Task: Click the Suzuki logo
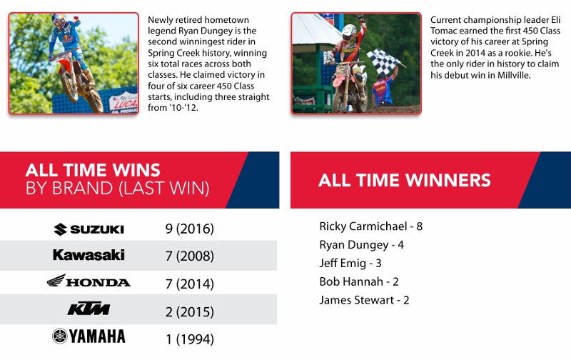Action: [x=89, y=229]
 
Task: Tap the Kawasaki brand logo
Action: [x=89, y=255]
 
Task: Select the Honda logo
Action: [x=89, y=281]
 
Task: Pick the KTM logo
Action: [x=89, y=309]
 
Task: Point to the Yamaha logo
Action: [x=89, y=336]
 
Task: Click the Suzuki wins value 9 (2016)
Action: [x=189, y=229]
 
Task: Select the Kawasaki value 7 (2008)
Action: [x=189, y=256]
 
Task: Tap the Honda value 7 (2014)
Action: [x=189, y=284]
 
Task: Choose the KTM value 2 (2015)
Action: [x=189, y=312]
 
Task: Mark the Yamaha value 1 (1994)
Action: [x=190, y=339]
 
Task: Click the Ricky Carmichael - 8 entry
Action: [x=370, y=226]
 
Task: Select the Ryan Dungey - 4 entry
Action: [x=361, y=245]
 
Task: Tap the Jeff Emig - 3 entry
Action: [x=350, y=263]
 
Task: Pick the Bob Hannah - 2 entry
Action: [x=359, y=281]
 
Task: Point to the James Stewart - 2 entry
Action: [x=364, y=300]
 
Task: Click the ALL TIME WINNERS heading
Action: [x=405, y=180]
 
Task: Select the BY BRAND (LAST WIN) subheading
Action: [x=117, y=189]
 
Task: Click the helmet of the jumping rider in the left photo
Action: [x=58, y=21]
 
